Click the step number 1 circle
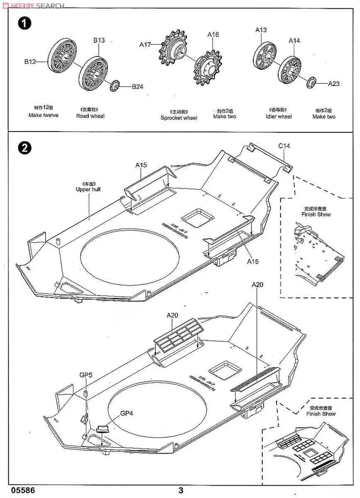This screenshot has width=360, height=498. (24, 23)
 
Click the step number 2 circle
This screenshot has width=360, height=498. (24, 148)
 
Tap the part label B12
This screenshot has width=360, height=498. (30, 62)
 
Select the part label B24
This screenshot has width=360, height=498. (137, 87)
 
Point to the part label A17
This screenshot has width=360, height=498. (145, 44)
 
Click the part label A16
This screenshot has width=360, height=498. (213, 35)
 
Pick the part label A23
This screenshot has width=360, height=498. (333, 83)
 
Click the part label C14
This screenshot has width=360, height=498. (284, 146)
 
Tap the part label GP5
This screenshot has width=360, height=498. (86, 375)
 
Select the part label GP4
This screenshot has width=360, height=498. (127, 413)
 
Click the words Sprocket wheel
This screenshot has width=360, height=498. (179, 117)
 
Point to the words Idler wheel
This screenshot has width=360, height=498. (278, 117)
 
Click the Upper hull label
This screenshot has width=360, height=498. (88, 189)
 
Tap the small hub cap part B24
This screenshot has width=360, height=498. (115, 86)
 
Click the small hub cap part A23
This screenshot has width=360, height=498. (311, 83)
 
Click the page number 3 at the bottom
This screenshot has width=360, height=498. (180, 490)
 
